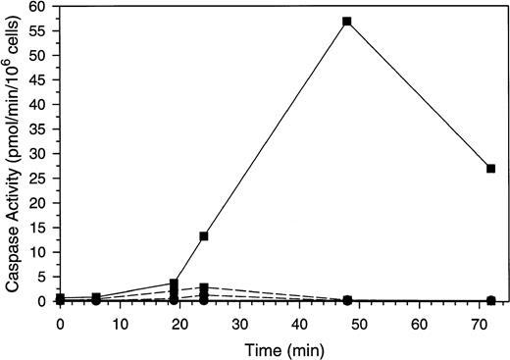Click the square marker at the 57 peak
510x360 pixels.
click(347, 21)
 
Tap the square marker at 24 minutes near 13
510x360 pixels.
click(204, 236)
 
